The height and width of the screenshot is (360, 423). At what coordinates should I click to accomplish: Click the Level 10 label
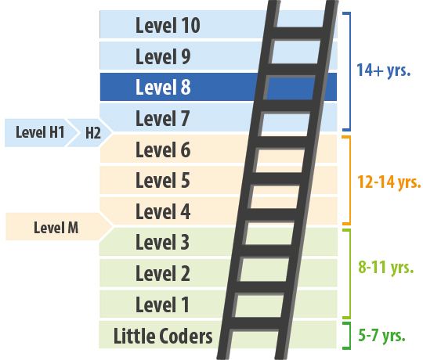168,26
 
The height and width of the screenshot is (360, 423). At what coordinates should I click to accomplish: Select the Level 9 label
163,57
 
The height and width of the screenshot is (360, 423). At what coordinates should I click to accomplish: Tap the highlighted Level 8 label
163,88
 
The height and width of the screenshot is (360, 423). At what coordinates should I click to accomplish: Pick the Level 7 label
163,119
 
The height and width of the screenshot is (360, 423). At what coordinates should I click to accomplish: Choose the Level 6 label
163,149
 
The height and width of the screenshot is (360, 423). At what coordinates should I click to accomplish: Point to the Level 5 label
163,181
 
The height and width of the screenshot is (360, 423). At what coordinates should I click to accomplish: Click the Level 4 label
163,211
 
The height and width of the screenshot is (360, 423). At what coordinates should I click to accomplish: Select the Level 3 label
163,243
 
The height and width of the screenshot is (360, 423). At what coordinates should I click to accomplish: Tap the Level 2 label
163,274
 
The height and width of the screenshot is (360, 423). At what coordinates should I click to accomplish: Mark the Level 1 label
163,304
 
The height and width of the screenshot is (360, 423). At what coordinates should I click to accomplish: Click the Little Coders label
163,337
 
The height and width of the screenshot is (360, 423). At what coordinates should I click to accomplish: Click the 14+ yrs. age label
384,70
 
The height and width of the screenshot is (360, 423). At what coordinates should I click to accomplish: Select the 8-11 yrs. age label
386,267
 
